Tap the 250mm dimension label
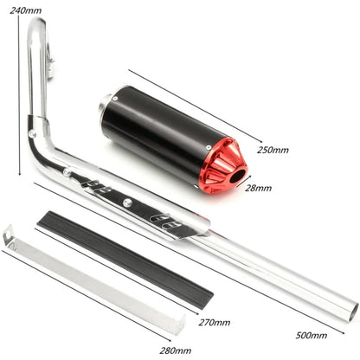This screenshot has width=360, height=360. pos(273,150)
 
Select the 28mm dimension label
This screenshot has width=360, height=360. pos(258,187)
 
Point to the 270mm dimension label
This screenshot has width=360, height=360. pos(214,322)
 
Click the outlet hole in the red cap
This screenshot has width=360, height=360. pos(235,177)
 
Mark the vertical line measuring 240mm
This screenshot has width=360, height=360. pos(17,95)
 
